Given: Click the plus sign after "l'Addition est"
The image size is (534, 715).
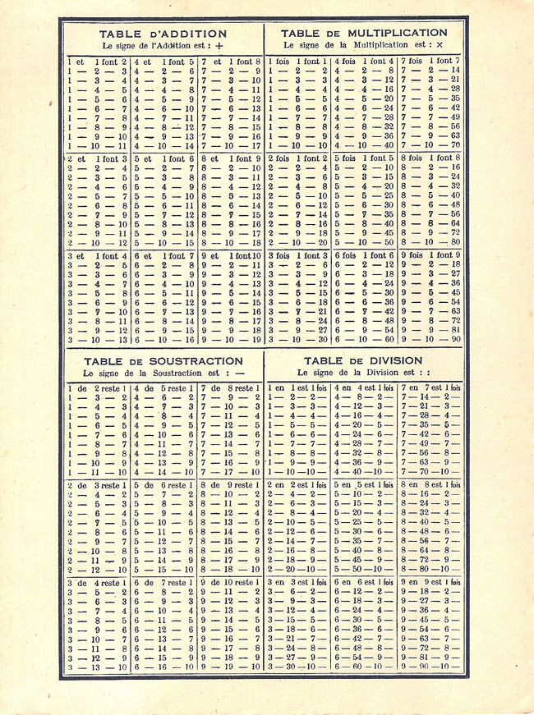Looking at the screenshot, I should (219, 47).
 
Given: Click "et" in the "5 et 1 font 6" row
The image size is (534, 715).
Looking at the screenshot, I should (153, 158).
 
